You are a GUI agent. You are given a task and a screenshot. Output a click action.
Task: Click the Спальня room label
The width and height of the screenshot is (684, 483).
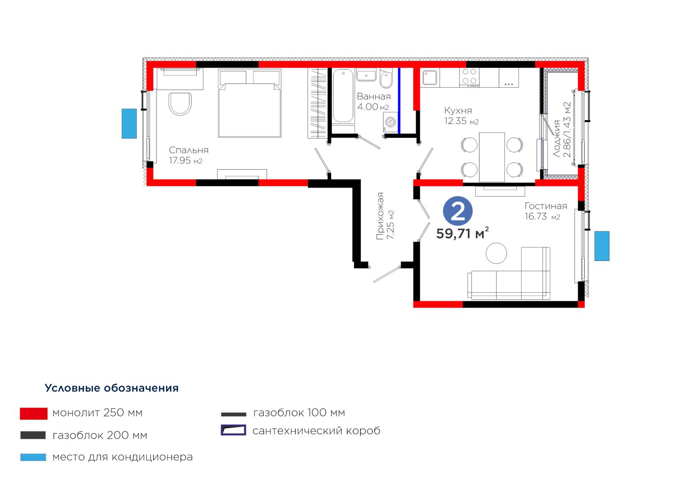pyautogui.click(x=189, y=150)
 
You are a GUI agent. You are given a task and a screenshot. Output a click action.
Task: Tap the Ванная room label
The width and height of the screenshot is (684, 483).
pyautogui.click(x=374, y=97)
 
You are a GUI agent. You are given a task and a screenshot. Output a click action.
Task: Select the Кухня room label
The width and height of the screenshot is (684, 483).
pyautogui.click(x=458, y=110)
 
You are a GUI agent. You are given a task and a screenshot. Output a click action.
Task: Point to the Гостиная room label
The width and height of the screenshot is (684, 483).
pyautogui.click(x=545, y=206)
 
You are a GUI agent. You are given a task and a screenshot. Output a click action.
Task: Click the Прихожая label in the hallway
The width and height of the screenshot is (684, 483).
pyautogui.click(x=380, y=216)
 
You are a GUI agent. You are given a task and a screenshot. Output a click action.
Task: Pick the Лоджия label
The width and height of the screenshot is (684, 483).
pyautogui.click(x=557, y=139)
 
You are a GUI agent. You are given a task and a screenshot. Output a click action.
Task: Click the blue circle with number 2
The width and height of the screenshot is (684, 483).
pyautogui.click(x=458, y=211)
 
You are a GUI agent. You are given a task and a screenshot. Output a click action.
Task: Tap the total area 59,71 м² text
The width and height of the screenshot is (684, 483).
pyautogui.click(x=462, y=234)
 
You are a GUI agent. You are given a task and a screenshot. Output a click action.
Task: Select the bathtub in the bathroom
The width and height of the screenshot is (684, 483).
pyautogui.click(x=343, y=97)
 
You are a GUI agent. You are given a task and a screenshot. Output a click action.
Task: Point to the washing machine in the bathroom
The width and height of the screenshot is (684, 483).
pyautogui.click(x=391, y=123)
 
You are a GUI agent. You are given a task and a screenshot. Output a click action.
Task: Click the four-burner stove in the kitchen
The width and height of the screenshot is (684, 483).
pyautogui.click(x=469, y=77)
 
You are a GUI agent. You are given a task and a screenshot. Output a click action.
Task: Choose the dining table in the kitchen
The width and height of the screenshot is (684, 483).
pyautogui.click(x=492, y=157)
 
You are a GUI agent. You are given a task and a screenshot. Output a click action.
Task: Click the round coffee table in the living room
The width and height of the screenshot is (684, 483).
pyautogui.click(x=496, y=253)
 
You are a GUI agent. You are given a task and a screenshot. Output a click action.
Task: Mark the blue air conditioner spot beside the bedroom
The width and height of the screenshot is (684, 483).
pyautogui.click(x=129, y=123)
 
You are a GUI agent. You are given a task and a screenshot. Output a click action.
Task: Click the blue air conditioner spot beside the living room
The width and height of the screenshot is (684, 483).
pyautogui.click(x=602, y=246)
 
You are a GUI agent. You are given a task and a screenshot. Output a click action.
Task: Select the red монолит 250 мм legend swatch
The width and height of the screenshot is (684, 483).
pyautogui.click(x=34, y=413)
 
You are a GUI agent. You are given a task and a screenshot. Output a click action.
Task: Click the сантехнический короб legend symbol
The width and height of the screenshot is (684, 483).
pyautogui.click(x=233, y=430)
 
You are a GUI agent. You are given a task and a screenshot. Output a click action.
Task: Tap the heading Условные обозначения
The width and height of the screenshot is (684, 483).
pyautogui.click(x=112, y=388)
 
